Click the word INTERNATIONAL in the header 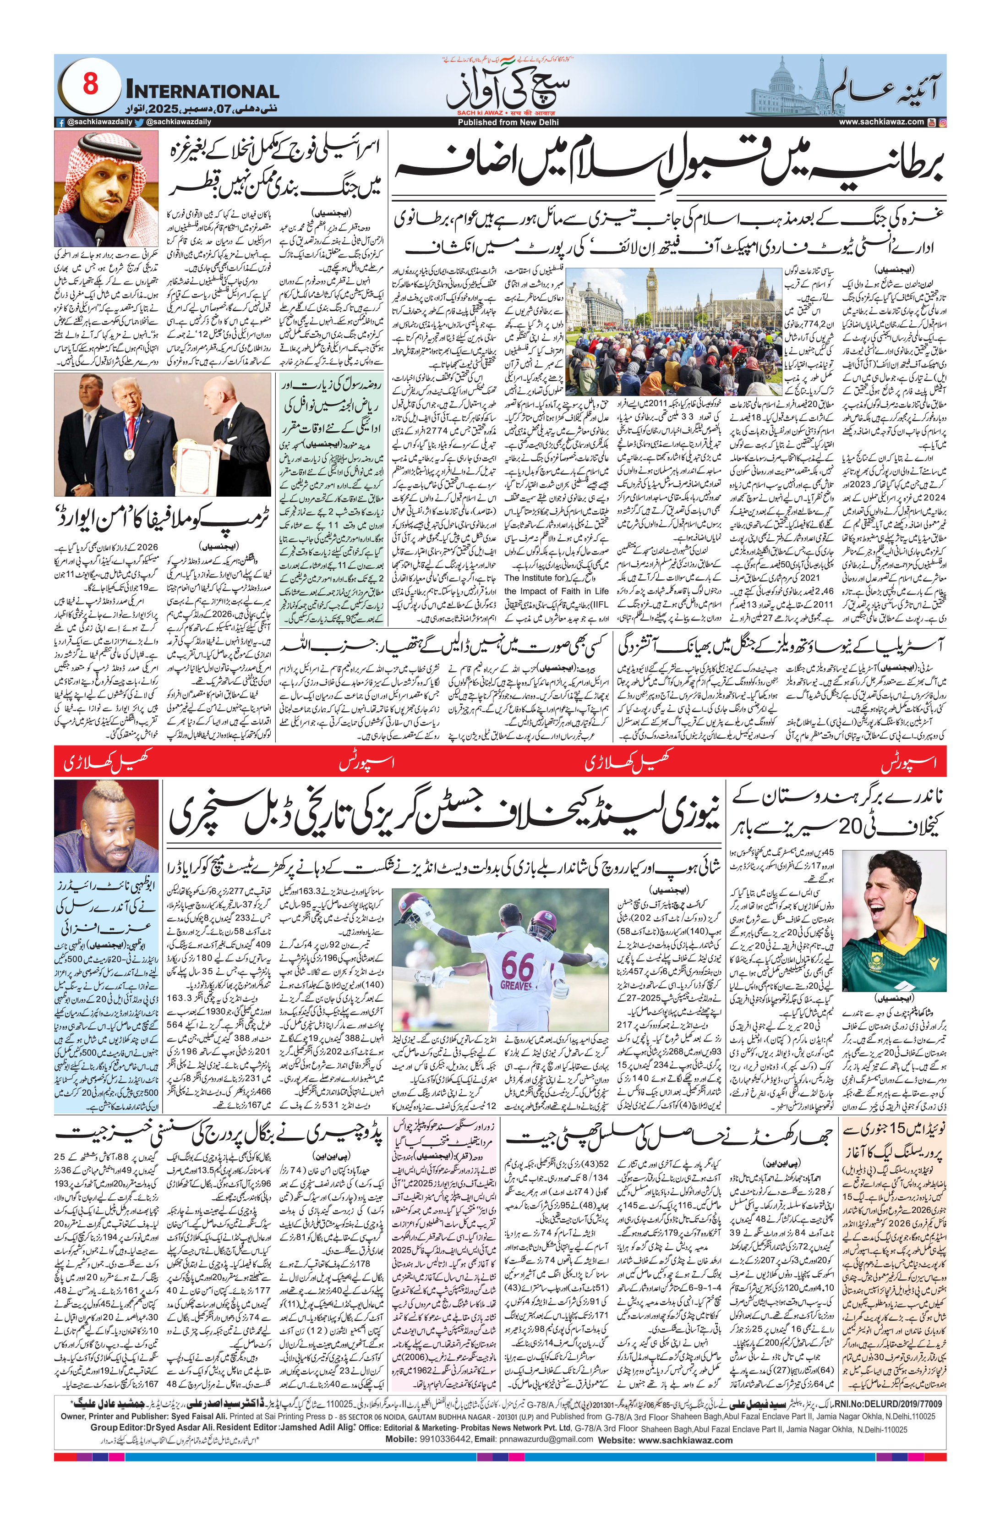[202, 91]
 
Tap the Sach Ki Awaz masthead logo [508, 89]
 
